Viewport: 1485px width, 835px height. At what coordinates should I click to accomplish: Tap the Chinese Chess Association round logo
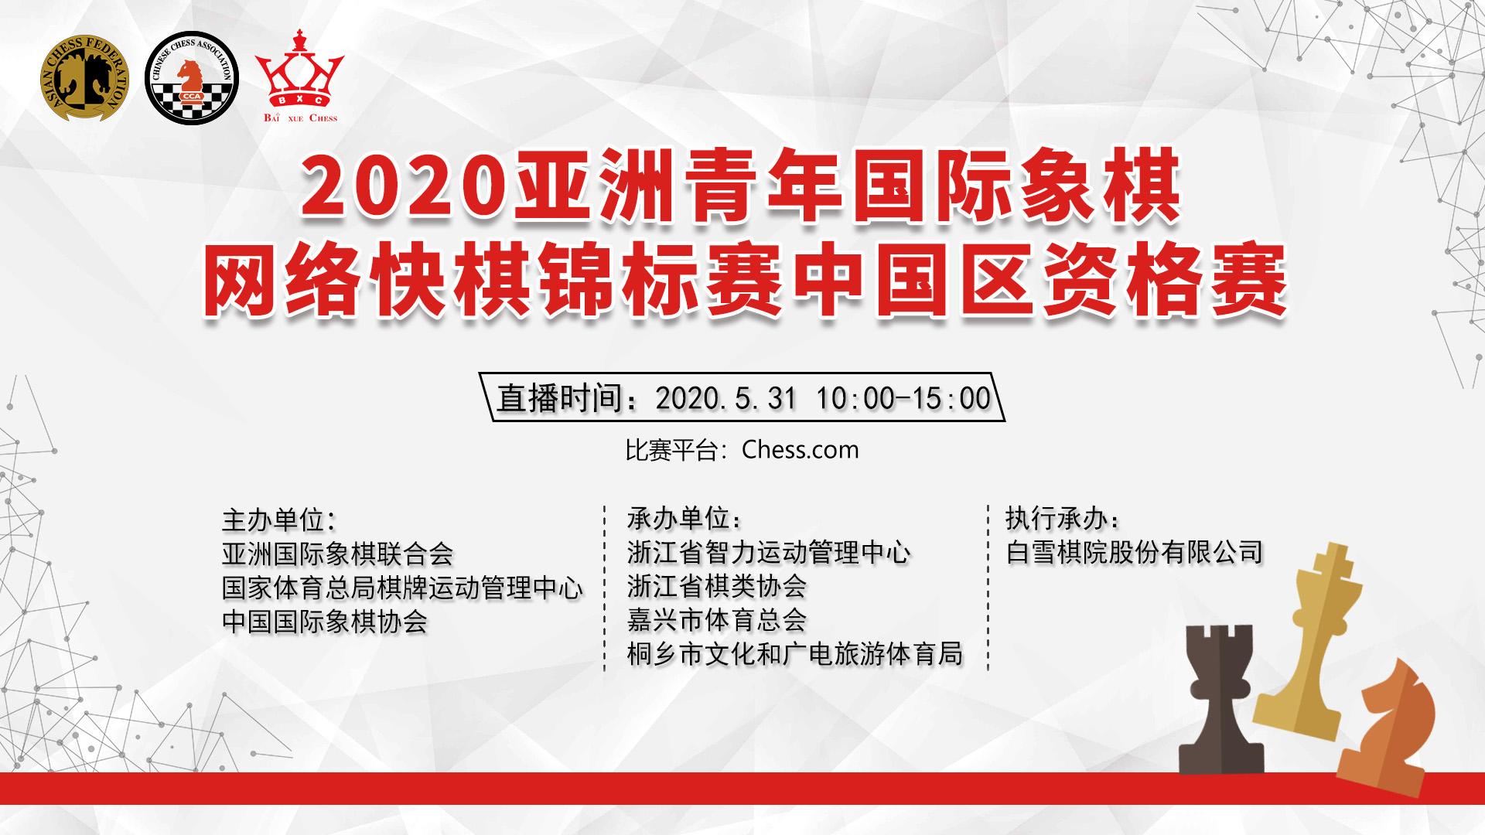click(x=192, y=78)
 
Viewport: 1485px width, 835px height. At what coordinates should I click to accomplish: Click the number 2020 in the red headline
click(x=403, y=186)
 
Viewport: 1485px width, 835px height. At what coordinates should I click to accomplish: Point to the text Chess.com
click(x=800, y=450)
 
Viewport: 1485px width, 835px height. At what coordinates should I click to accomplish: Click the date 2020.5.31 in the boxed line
click(x=725, y=399)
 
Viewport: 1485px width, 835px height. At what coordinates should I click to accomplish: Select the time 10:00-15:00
click(x=903, y=399)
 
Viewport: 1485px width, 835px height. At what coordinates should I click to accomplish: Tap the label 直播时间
click(x=560, y=399)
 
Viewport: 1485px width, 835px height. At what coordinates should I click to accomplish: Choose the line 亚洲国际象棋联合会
click(x=337, y=554)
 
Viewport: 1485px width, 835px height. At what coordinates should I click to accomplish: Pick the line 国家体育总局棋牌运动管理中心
click(x=402, y=588)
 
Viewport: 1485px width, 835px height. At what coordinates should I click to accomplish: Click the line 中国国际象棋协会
click(x=325, y=622)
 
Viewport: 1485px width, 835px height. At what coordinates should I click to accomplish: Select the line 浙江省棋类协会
click(x=717, y=586)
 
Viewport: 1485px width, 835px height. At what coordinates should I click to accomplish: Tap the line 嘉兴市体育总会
click(x=717, y=620)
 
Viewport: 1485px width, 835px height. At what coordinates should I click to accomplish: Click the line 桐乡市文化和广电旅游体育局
click(x=795, y=654)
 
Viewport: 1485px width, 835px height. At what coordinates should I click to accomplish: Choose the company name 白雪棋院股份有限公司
click(x=1135, y=552)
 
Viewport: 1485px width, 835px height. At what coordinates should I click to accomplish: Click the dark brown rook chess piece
click(x=1220, y=700)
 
